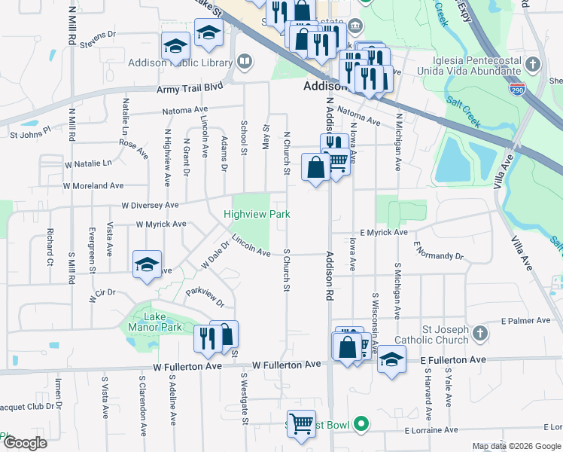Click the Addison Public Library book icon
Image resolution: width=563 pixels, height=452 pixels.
[x=244, y=61]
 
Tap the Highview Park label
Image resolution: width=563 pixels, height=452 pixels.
[x=257, y=215]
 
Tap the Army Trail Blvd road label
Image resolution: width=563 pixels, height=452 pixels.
[x=190, y=88]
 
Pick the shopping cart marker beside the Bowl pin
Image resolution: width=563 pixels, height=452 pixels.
[x=301, y=423]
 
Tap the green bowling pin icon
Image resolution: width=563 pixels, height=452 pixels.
[x=361, y=426]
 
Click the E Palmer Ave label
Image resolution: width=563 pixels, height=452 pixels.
[x=528, y=320]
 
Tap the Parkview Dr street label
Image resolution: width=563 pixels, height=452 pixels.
[x=205, y=297]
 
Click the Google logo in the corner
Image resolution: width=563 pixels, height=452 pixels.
[x=25, y=443]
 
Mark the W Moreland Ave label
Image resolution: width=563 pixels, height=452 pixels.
[x=93, y=185]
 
